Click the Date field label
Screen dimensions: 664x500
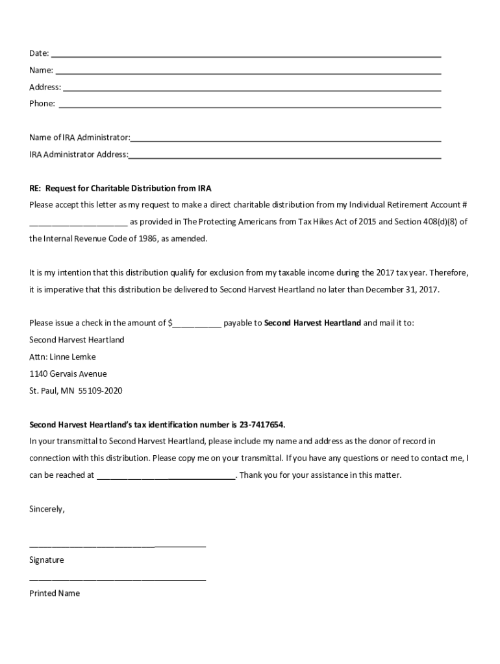pyautogui.click(x=39, y=53)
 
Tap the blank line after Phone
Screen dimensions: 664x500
pyautogui.click(x=250, y=106)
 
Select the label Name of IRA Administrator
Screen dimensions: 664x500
pyautogui.click(x=79, y=137)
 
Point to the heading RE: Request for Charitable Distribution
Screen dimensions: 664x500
pyautogui.click(x=120, y=188)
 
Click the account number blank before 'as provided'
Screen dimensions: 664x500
pyautogui.click(x=78, y=223)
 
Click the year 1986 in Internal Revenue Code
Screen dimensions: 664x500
pyautogui.click(x=132, y=239)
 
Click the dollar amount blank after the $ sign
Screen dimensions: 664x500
pyautogui.click(x=197, y=324)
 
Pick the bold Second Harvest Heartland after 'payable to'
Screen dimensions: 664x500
pyautogui.click(x=312, y=323)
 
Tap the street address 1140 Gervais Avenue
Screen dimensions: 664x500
pyautogui.click(x=68, y=373)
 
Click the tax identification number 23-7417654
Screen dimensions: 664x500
pyautogui.click(x=262, y=425)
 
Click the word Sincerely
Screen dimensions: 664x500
pyautogui.click(x=47, y=509)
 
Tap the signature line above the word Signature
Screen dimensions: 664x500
pyautogui.click(x=118, y=547)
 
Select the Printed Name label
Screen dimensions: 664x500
pyautogui.click(x=55, y=593)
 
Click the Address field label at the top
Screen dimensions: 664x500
pyautogui.click(x=45, y=87)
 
